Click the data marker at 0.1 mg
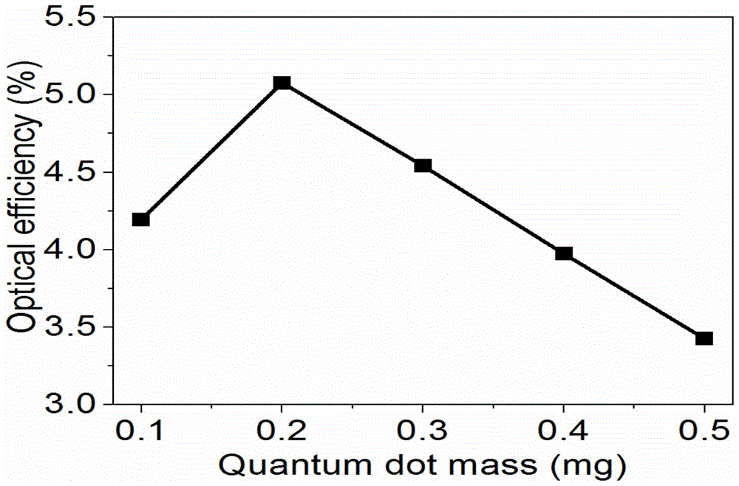click(140, 219)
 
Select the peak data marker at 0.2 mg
click(282, 83)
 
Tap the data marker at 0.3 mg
click(423, 165)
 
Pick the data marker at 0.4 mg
click(564, 253)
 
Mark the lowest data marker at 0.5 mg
click(704, 338)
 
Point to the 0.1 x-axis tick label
click(140, 431)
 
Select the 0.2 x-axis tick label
click(282, 431)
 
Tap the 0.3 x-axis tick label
click(423, 431)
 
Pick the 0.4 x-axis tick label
click(564, 431)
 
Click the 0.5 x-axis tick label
click(704, 431)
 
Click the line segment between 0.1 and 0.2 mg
click(211, 151)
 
